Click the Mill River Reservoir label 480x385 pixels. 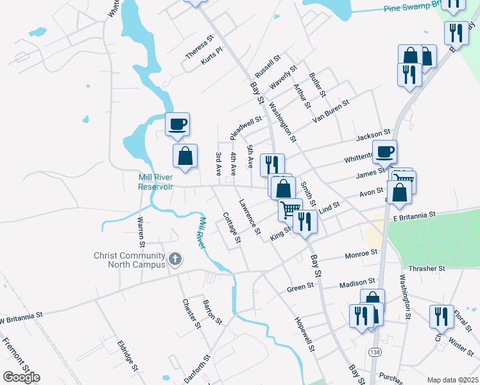point(155,182)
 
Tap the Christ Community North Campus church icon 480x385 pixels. point(175,260)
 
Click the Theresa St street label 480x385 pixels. point(199,47)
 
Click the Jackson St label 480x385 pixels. point(373,137)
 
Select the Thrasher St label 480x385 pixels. point(427,268)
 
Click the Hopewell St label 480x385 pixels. point(304,333)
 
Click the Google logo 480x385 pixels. point(21,377)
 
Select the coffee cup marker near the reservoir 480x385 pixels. point(177,123)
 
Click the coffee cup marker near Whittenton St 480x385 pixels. point(384,151)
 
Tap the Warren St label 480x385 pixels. point(140,232)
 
